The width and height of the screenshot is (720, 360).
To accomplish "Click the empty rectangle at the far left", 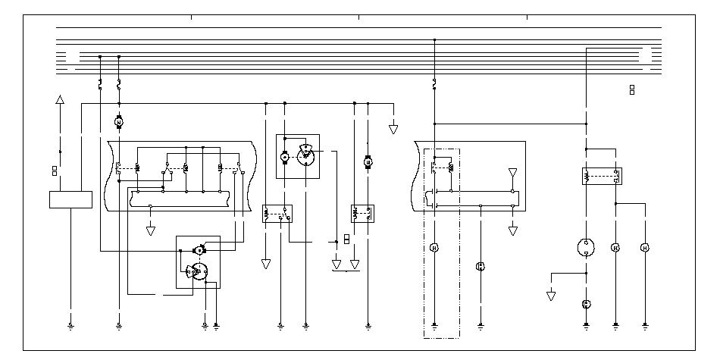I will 70,199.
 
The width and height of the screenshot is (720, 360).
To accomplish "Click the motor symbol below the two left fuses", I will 118,121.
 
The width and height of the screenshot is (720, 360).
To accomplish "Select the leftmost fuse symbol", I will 100,84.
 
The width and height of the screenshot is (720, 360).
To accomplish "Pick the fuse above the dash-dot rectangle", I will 434,82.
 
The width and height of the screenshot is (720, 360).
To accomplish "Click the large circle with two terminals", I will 586,248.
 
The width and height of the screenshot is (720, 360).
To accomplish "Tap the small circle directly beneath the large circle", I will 586,304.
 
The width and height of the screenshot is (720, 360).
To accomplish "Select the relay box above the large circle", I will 601,177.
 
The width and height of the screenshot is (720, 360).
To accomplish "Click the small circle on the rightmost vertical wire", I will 645,248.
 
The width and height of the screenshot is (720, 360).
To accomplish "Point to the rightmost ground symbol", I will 645,327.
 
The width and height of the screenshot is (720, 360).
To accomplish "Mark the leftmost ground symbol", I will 70,327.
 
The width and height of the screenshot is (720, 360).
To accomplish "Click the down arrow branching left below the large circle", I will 551,295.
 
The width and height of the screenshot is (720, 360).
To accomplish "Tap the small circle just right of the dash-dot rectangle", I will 480,266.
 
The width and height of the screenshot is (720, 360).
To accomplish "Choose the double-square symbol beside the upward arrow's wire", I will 55,171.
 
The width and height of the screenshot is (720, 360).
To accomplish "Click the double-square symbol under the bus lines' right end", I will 632,90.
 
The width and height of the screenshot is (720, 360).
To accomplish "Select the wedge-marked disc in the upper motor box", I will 305,154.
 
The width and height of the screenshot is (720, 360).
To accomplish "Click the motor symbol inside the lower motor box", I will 199,249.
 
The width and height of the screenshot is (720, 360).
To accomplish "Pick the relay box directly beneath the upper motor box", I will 277,214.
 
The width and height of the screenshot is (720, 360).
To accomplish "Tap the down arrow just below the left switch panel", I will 151,230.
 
